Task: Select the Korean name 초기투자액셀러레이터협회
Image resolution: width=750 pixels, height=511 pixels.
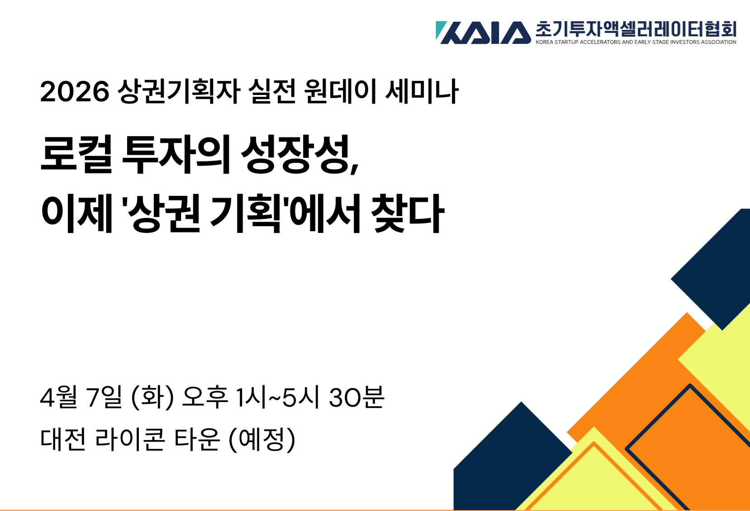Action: click(x=636, y=29)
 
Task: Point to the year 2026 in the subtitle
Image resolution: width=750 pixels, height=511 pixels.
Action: click(x=75, y=91)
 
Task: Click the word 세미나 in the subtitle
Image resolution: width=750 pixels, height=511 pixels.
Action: click(x=422, y=91)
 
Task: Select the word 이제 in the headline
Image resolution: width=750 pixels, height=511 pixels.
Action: click(x=76, y=213)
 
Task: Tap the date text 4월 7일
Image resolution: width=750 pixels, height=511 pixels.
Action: click(x=81, y=397)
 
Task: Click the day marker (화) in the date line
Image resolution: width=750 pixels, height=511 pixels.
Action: click(x=153, y=397)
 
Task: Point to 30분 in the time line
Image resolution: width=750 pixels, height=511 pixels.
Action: click(x=356, y=397)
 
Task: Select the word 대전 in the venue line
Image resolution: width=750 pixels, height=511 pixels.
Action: click(x=63, y=439)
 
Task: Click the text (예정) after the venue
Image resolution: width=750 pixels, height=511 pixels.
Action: click(x=262, y=440)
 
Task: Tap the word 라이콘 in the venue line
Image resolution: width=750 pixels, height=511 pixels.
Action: click(x=130, y=439)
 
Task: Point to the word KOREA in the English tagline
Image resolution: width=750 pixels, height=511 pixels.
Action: click(x=545, y=42)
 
